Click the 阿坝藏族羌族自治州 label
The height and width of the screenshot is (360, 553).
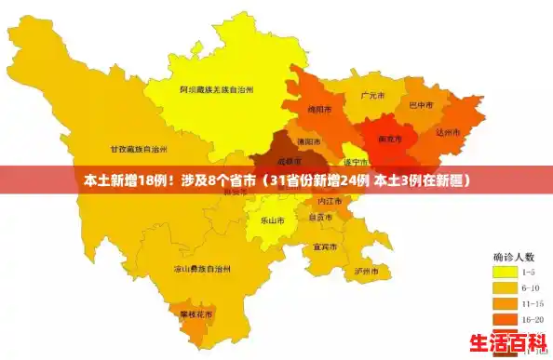217,89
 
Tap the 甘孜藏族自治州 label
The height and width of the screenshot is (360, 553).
139,149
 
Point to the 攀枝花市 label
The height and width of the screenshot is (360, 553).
196,314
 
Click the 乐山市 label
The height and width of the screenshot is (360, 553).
272,220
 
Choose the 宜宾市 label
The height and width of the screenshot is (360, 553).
325,247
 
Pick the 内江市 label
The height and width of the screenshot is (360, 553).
330,201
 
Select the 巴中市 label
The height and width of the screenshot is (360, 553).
421,105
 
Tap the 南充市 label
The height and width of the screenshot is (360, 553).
389,139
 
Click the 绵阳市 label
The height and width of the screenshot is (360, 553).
320,109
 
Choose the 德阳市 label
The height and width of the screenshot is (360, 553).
308,141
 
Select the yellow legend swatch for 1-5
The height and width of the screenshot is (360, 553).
506,272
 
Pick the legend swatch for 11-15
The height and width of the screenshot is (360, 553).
506,303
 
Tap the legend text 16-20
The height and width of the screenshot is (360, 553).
533,319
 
